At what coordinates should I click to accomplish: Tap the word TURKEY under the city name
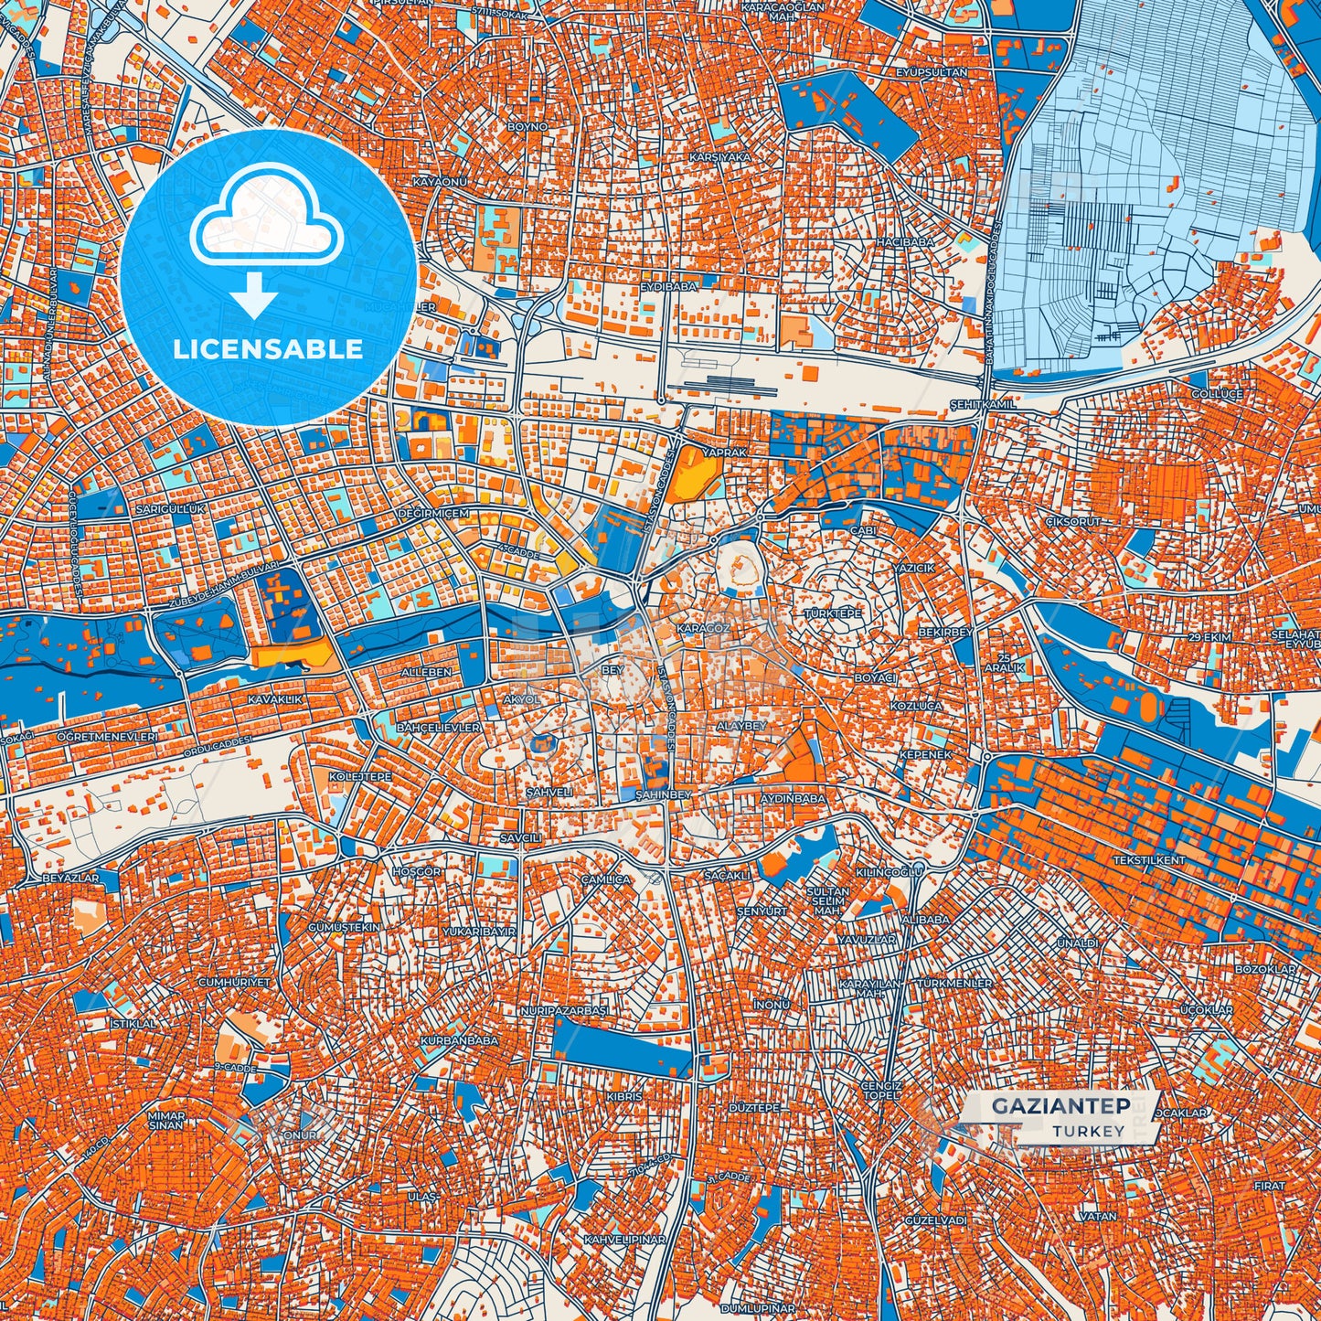(1088, 1131)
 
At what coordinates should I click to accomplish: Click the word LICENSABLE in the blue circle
(268, 349)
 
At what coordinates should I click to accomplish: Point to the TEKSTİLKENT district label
(1149, 860)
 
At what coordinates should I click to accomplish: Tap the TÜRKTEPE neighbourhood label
(831, 614)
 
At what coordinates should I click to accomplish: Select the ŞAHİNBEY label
(663, 795)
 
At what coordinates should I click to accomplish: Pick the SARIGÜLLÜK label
(171, 508)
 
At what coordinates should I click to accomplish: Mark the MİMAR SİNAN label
(166, 1120)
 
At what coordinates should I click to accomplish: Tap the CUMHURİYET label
(235, 982)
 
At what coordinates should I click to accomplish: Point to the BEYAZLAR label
(70, 878)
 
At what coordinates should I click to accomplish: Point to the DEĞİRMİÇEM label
(432, 514)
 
